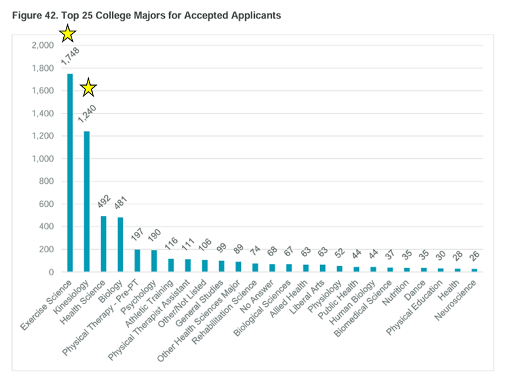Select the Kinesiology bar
[86, 201]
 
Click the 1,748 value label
[69, 56]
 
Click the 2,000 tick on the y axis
[43, 45]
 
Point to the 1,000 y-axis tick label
[43, 159]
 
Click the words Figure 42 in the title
[36, 16]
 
